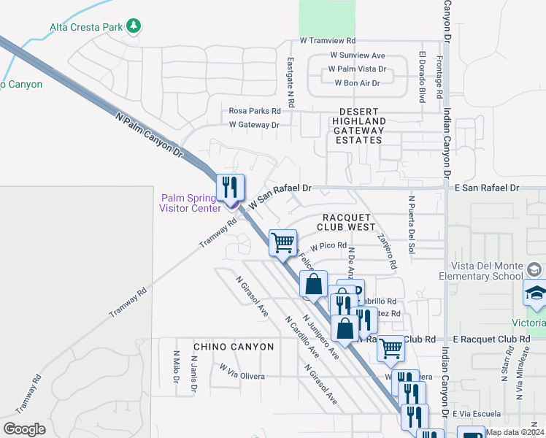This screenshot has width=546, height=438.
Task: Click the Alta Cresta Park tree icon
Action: pos(133,27)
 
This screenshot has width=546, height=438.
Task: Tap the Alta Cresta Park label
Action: pos(86,28)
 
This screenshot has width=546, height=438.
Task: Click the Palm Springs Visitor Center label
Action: pos(191,203)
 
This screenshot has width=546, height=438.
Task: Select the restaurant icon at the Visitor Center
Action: pos(230,188)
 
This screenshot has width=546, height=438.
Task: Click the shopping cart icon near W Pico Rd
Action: pos(282,242)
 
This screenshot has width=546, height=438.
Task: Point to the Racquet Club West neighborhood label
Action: pos(350,222)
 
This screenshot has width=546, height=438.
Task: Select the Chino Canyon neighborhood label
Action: pos(234,347)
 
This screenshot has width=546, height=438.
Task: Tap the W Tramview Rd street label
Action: pos(328,41)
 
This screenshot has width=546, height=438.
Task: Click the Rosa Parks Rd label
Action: pos(255,111)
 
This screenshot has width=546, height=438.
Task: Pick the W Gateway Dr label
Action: pos(254,125)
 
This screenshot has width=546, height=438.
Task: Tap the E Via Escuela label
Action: pos(474,413)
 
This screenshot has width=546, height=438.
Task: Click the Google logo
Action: pos(24,429)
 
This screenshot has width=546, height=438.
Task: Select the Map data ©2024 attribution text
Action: pos(515,432)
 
